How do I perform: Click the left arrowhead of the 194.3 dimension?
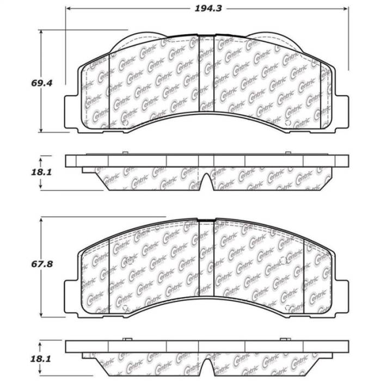click(69, 9)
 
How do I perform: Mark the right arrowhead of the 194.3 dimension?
click(346, 9)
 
